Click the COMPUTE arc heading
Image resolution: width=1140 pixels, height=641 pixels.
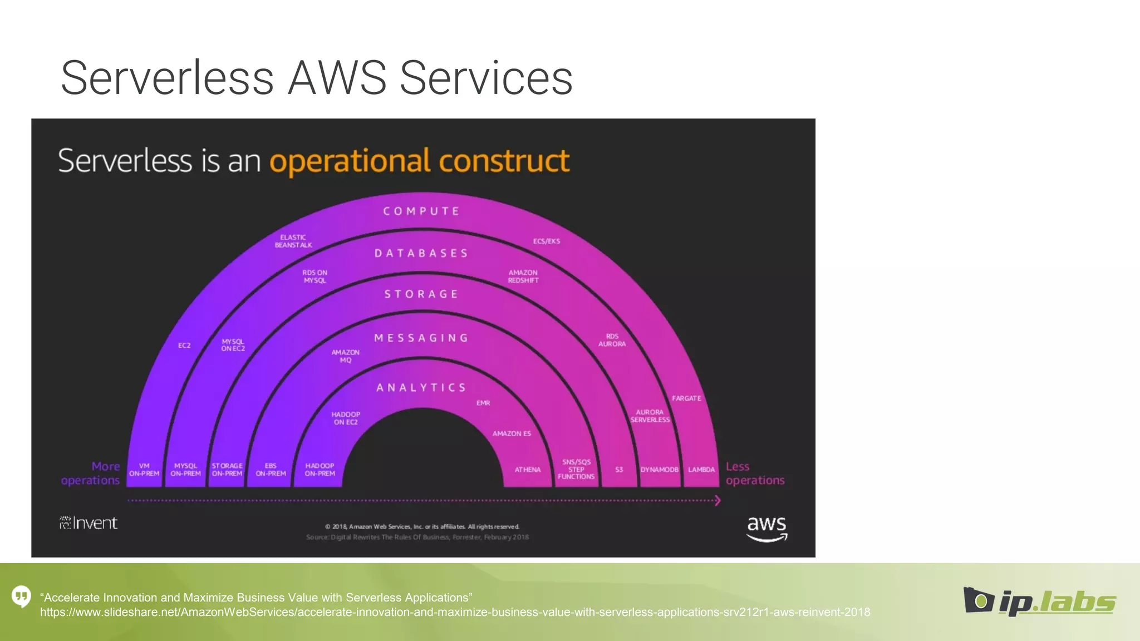point(421,211)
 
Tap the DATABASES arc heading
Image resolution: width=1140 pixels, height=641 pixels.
point(421,254)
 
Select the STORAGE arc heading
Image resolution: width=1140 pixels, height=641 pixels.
point(421,294)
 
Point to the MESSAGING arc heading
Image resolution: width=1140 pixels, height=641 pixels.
point(421,338)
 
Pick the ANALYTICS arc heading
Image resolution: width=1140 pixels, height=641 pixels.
point(421,388)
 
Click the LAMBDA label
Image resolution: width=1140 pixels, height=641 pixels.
point(701,470)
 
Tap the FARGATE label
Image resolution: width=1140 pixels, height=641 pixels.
point(686,398)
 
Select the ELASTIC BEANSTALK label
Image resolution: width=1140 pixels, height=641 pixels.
point(293,241)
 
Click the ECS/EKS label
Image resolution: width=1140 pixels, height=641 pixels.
point(547,241)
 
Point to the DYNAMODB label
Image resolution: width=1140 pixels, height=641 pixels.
point(660,470)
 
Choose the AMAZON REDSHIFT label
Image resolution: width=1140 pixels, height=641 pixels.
point(523,277)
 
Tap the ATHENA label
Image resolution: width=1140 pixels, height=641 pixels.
point(528,470)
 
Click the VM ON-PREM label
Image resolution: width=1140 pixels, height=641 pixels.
point(144,470)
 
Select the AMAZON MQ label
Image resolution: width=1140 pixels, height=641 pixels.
point(346,356)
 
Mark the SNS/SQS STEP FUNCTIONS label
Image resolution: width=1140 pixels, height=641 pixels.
point(576,469)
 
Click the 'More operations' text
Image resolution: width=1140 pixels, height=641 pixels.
point(91,474)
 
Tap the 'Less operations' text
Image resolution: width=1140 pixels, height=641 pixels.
point(755,474)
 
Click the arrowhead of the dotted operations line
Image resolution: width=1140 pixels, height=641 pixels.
point(718,501)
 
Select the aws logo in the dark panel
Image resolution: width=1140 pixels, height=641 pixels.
point(766,528)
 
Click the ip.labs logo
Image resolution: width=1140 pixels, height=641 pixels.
point(1040,602)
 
